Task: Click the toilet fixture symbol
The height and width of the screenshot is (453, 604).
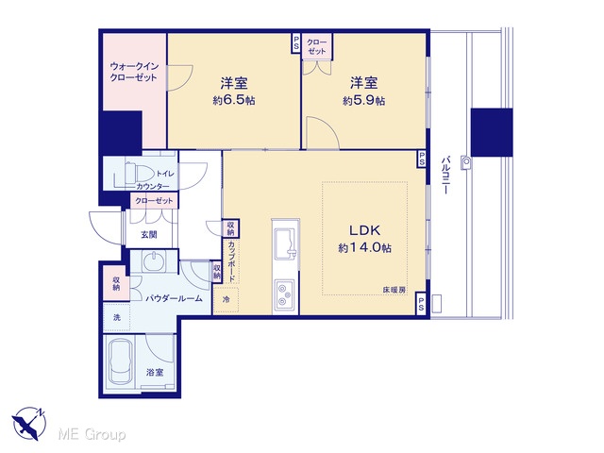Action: (131, 173)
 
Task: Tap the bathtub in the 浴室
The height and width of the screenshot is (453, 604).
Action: (121, 362)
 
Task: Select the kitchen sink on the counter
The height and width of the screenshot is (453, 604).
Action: (285, 243)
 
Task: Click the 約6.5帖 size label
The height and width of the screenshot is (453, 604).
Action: (234, 101)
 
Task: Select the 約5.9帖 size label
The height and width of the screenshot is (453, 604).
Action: (363, 101)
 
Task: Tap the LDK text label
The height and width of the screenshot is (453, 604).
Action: (365, 230)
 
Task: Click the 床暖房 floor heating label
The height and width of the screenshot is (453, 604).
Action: (394, 290)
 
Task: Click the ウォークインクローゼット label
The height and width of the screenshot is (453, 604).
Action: (134, 72)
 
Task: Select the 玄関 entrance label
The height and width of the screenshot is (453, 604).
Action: (149, 234)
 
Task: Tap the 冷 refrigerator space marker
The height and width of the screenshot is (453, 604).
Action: (226, 299)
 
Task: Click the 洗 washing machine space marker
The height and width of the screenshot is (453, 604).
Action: (116, 317)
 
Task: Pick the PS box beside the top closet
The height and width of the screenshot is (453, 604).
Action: (295, 42)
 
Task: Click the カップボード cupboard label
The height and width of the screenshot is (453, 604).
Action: (231, 261)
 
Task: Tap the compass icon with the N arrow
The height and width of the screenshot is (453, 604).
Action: (29, 424)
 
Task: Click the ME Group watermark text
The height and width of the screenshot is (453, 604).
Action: (92, 435)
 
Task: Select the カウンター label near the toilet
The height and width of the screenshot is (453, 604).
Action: (153, 187)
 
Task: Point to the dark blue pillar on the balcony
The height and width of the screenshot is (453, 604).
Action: (492, 132)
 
